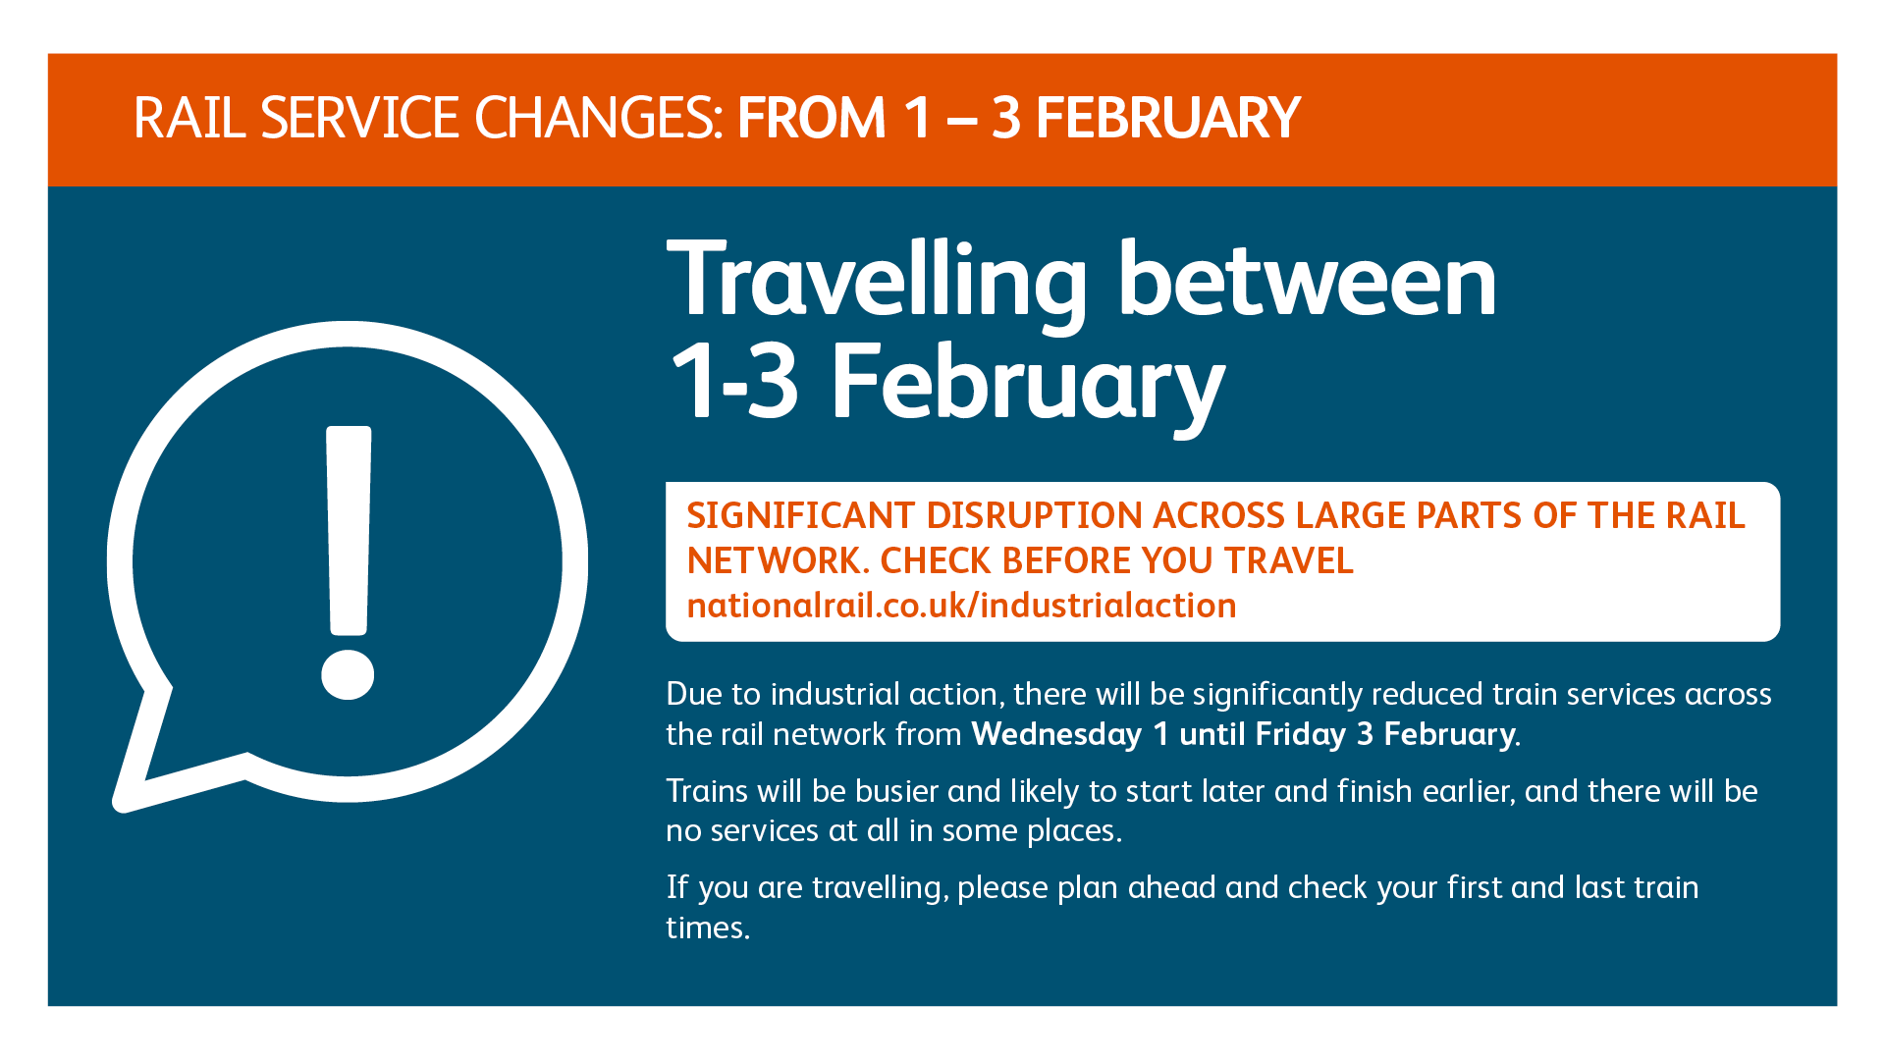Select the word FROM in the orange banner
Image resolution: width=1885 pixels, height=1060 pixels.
tap(812, 118)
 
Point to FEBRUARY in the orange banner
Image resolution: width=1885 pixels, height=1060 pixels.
tap(1167, 118)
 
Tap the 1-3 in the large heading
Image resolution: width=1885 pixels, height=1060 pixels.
tap(733, 382)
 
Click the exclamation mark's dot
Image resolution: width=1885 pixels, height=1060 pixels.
tap(348, 672)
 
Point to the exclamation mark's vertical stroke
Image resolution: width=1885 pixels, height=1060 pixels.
tap(349, 530)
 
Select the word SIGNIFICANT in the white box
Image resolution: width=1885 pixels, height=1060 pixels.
tap(800, 515)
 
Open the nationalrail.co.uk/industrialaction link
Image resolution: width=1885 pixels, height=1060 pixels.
tap(961, 606)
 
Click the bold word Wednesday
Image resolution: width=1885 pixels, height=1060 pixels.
tap(1056, 734)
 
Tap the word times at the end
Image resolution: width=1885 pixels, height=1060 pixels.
tap(708, 927)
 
